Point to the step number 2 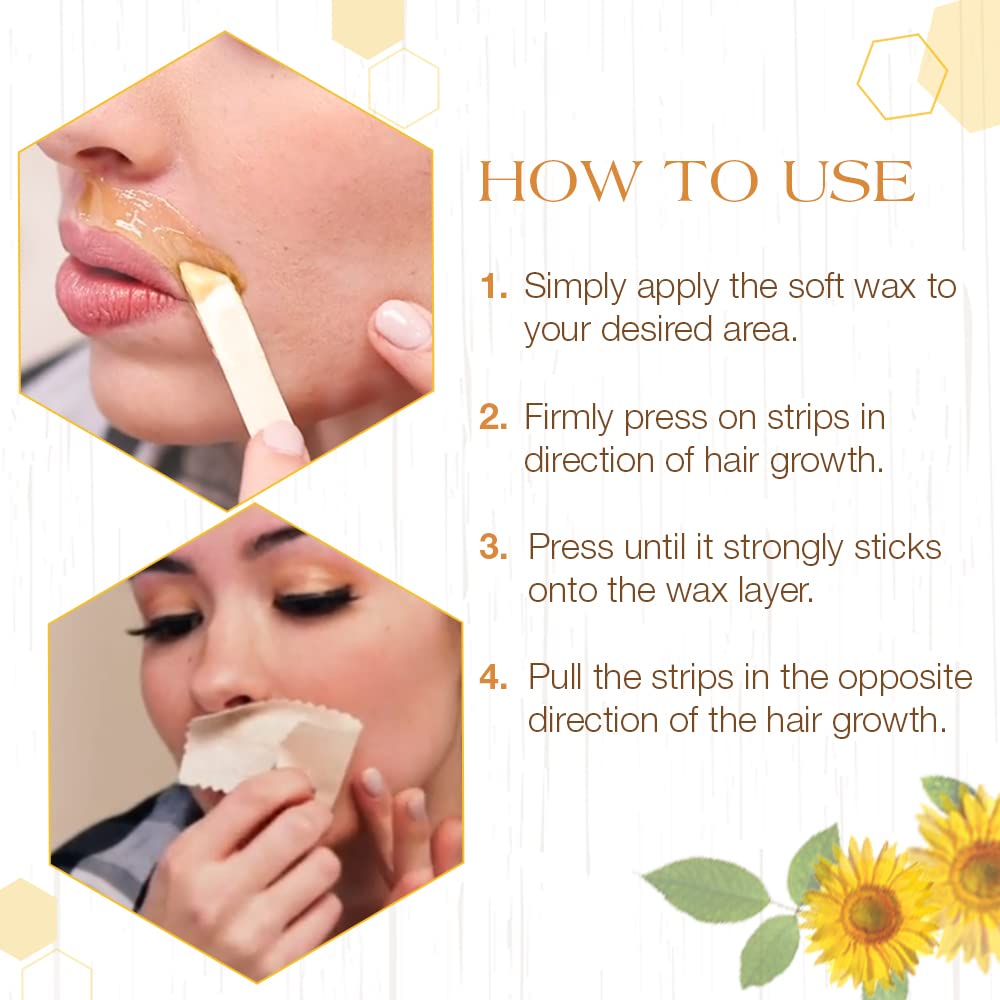494,418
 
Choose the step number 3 494,548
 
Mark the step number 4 494,677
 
